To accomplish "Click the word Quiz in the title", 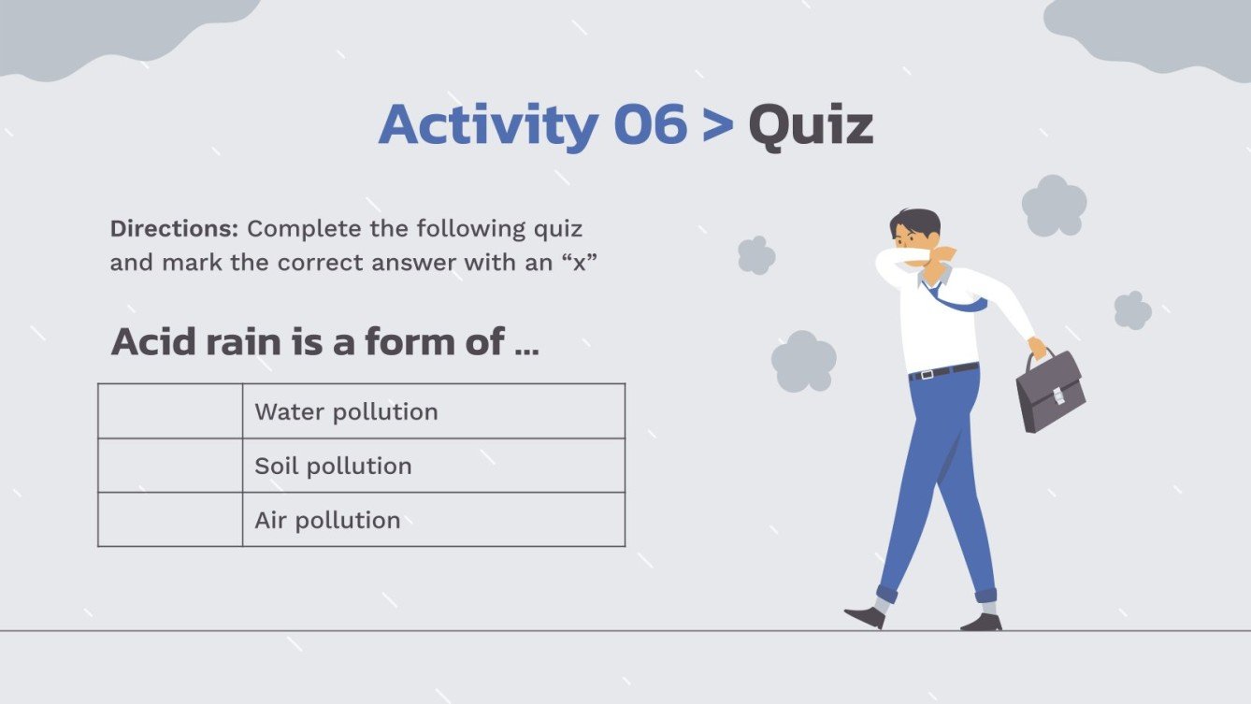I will click(811, 126).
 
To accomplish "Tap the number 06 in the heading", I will click(650, 124).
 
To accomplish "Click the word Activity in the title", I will click(487, 126).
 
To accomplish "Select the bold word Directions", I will click(175, 228).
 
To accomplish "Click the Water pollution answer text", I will click(346, 411).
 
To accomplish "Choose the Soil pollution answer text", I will click(333, 466).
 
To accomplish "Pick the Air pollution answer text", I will click(327, 520).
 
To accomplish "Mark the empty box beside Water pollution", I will click(169, 411).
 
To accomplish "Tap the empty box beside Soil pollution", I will click(169, 466).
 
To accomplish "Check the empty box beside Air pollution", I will click(169, 520).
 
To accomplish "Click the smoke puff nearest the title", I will click(756, 254).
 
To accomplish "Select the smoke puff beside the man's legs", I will click(803, 361).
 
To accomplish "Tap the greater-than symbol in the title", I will click(717, 126).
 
